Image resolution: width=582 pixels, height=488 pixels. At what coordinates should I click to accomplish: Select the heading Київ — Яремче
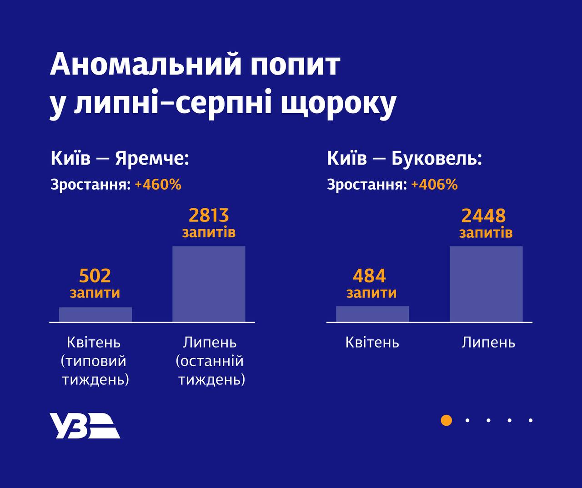click(119, 159)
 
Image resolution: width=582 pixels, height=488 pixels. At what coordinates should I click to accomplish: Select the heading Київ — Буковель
click(404, 159)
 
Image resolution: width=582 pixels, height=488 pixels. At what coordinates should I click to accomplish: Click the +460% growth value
click(158, 185)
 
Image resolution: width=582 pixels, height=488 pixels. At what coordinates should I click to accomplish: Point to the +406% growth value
click(434, 185)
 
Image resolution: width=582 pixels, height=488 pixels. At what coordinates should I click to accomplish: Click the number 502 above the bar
click(95, 276)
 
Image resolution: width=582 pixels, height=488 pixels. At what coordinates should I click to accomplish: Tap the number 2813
click(209, 215)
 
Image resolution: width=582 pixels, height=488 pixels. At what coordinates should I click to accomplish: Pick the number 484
click(369, 276)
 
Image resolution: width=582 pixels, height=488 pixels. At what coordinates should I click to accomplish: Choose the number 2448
click(483, 216)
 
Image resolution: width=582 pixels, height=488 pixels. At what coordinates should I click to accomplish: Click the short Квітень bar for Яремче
click(95, 315)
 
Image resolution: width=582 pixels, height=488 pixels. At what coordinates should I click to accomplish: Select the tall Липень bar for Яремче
click(209, 284)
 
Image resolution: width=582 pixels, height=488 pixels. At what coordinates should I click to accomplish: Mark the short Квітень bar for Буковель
click(372, 314)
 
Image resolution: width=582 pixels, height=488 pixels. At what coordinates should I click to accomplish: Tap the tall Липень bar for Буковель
click(486, 284)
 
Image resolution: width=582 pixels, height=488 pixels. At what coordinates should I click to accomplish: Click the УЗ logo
click(85, 426)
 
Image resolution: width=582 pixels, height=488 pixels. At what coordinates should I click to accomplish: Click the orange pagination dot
click(447, 420)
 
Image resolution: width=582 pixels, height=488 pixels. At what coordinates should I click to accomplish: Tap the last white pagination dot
click(531, 420)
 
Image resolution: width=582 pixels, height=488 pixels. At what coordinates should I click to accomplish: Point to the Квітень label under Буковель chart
click(372, 342)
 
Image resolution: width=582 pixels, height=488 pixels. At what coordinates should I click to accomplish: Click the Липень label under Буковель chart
click(488, 342)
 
